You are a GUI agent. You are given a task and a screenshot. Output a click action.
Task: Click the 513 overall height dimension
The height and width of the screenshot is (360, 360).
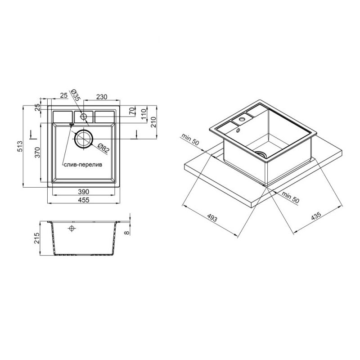[20, 147]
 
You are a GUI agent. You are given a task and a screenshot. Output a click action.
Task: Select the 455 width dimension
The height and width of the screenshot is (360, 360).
[84, 200]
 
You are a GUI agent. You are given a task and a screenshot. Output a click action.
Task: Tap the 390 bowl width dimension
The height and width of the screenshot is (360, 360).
[84, 192]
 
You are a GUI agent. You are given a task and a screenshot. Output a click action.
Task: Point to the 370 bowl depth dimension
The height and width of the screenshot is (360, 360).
[37, 152]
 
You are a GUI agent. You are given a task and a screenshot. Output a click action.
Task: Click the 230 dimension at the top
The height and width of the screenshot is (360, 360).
[102, 97]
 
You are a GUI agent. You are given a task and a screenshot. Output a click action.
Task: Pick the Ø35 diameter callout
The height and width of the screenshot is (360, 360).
[75, 95]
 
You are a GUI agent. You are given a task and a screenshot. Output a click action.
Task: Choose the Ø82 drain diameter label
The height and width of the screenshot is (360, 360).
[103, 148]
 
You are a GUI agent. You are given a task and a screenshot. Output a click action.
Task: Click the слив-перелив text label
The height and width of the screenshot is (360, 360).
[83, 165]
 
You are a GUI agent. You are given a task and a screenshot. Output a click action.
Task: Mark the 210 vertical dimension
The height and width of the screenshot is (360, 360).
[153, 122]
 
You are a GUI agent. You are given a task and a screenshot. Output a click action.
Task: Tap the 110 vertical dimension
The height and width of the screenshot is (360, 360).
[144, 114]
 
